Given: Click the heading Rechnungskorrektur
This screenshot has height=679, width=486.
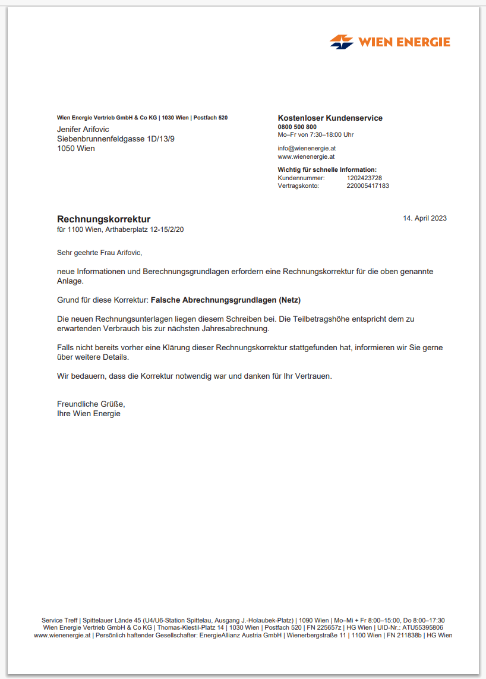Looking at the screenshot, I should (103, 219).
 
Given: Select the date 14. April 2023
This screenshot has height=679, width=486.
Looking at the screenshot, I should (425, 218).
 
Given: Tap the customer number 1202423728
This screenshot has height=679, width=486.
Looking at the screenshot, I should (364, 178).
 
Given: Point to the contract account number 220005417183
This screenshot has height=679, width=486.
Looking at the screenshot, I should (368, 186).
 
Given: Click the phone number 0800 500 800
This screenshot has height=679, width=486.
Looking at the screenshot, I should (297, 127).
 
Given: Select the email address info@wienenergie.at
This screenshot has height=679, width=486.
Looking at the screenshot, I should (306, 148).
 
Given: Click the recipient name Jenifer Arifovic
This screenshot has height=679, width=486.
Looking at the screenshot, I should (83, 129).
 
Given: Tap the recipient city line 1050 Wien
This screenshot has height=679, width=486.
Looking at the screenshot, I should (75, 148).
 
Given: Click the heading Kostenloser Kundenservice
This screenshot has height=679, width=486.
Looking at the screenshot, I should (330, 118).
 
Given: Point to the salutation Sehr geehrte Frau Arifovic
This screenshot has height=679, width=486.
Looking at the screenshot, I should (100, 253).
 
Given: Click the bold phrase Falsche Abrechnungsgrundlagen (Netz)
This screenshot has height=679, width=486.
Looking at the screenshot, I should (230, 300).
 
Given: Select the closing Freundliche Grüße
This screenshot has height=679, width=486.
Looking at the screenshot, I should (91, 404).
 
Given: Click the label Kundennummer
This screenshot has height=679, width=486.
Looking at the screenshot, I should (301, 178).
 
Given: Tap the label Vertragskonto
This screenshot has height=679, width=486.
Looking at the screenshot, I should (298, 186).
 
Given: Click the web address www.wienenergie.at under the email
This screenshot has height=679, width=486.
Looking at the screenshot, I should (306, 157).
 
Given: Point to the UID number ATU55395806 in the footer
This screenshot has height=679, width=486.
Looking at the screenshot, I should (422, 627).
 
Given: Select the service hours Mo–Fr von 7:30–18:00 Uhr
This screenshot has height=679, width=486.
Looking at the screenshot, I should (315, 134).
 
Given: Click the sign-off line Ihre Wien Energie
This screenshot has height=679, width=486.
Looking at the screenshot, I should (89, 413).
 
